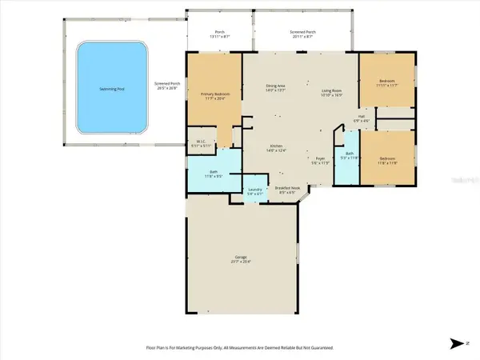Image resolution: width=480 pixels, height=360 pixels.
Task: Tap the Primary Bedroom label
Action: coord(214,95)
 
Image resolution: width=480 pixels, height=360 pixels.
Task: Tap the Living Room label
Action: coord(333,93)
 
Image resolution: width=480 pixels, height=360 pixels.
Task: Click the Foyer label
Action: coord(320,158)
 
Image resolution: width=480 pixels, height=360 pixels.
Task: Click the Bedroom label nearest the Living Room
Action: coord(386,82)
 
